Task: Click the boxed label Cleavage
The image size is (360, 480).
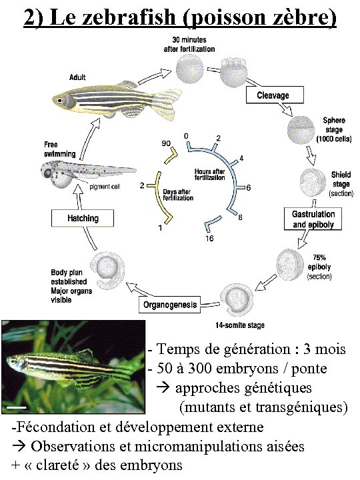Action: (x=273, y=95)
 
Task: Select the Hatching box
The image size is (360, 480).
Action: (x=83, y=218)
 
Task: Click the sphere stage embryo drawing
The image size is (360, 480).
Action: (x=299, y=125)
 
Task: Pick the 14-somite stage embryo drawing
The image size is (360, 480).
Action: (x=238, y=299)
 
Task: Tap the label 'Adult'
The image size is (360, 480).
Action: (x=77, y=77)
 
